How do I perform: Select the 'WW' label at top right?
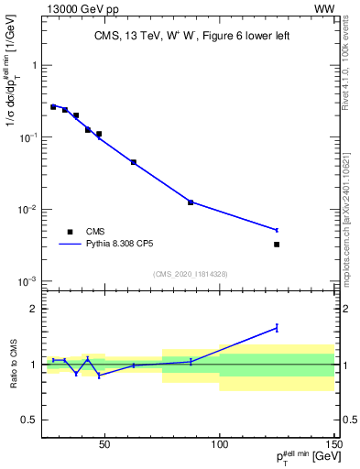pyautogui.click(x=324, y=8)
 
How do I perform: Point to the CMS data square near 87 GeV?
pyautogui.click(x=191, y=202)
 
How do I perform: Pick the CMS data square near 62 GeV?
pyautogui.click(x=134, y=162)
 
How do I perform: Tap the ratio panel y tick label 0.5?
pyautogui.click(x=28, y=420)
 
